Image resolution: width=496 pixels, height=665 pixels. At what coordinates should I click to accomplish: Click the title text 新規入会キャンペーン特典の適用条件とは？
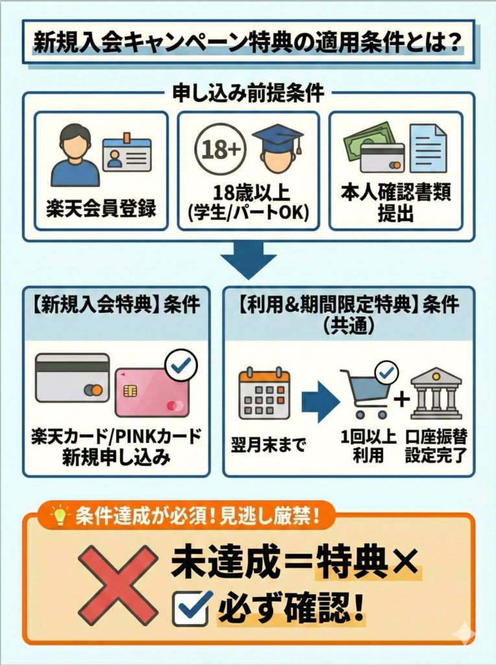248,43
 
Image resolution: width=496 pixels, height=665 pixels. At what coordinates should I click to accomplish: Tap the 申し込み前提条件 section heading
248,93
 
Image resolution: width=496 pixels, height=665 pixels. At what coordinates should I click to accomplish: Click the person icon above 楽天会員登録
75,155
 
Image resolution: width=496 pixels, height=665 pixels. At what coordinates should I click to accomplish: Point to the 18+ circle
220,149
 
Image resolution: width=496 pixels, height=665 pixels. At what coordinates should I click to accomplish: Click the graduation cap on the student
278,138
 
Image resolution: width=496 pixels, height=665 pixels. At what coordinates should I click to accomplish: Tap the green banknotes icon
367,138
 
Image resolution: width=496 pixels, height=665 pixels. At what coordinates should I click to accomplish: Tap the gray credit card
72,378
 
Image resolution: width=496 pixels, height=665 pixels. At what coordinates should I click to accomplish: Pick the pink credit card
151,392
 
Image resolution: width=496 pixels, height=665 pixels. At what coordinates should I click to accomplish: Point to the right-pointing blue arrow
320,402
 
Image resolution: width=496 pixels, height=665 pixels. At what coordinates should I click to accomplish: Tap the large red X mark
118,585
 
